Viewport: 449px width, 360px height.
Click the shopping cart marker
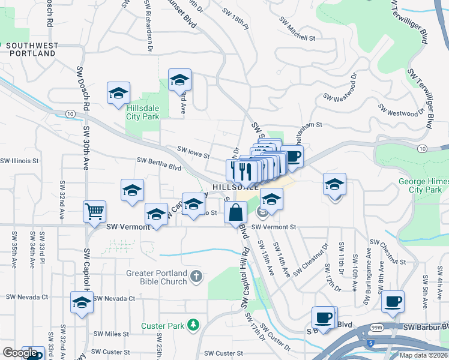click(x=94, y=211)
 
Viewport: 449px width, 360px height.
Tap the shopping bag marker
click(x=236, y=212)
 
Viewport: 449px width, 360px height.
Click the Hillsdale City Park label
click(x=143, y=112)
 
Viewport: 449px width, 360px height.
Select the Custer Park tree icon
click(x=193, y=325)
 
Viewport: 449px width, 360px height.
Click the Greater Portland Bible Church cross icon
click(x=196, y=277)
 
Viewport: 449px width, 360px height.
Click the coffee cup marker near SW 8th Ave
click(x=393, y=301)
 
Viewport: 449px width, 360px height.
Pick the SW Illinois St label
click(x=19, y=161)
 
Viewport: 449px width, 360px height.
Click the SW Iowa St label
click(x=193, y=153)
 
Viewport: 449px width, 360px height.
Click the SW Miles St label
click(x=111, y=334)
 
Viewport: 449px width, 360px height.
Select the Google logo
click(x=19, y=353)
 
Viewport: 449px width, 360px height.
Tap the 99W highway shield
click(x=376, y=328)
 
